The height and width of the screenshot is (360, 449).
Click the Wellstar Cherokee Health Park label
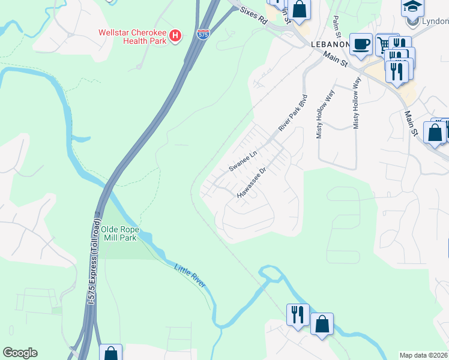point(132,36)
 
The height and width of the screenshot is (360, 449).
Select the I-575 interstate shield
point(203,35)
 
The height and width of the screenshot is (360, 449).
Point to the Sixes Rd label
point(253,16)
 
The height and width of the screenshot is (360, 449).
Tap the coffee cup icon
point(361,44)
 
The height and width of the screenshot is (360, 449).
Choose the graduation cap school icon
point(412,7)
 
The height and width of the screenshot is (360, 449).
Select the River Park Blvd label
point(293,113)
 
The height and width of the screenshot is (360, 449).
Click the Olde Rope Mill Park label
point(119,233)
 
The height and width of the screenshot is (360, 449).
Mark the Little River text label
point(190,275)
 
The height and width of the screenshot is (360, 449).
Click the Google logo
point(20,353)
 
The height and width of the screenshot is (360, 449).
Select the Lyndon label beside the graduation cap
point(436,22)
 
